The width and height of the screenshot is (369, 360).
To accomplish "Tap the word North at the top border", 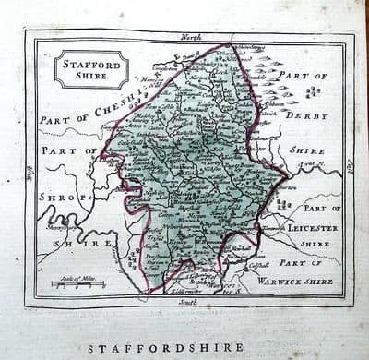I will click(190, 36).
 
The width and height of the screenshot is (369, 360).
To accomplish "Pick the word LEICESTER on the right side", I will click(316, 227).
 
